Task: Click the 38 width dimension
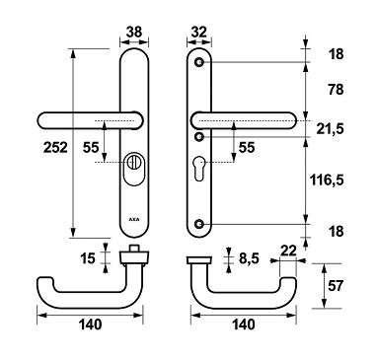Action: pos(133,30)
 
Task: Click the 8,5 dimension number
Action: pos(249,259)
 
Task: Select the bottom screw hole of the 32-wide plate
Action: pos(201,224)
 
